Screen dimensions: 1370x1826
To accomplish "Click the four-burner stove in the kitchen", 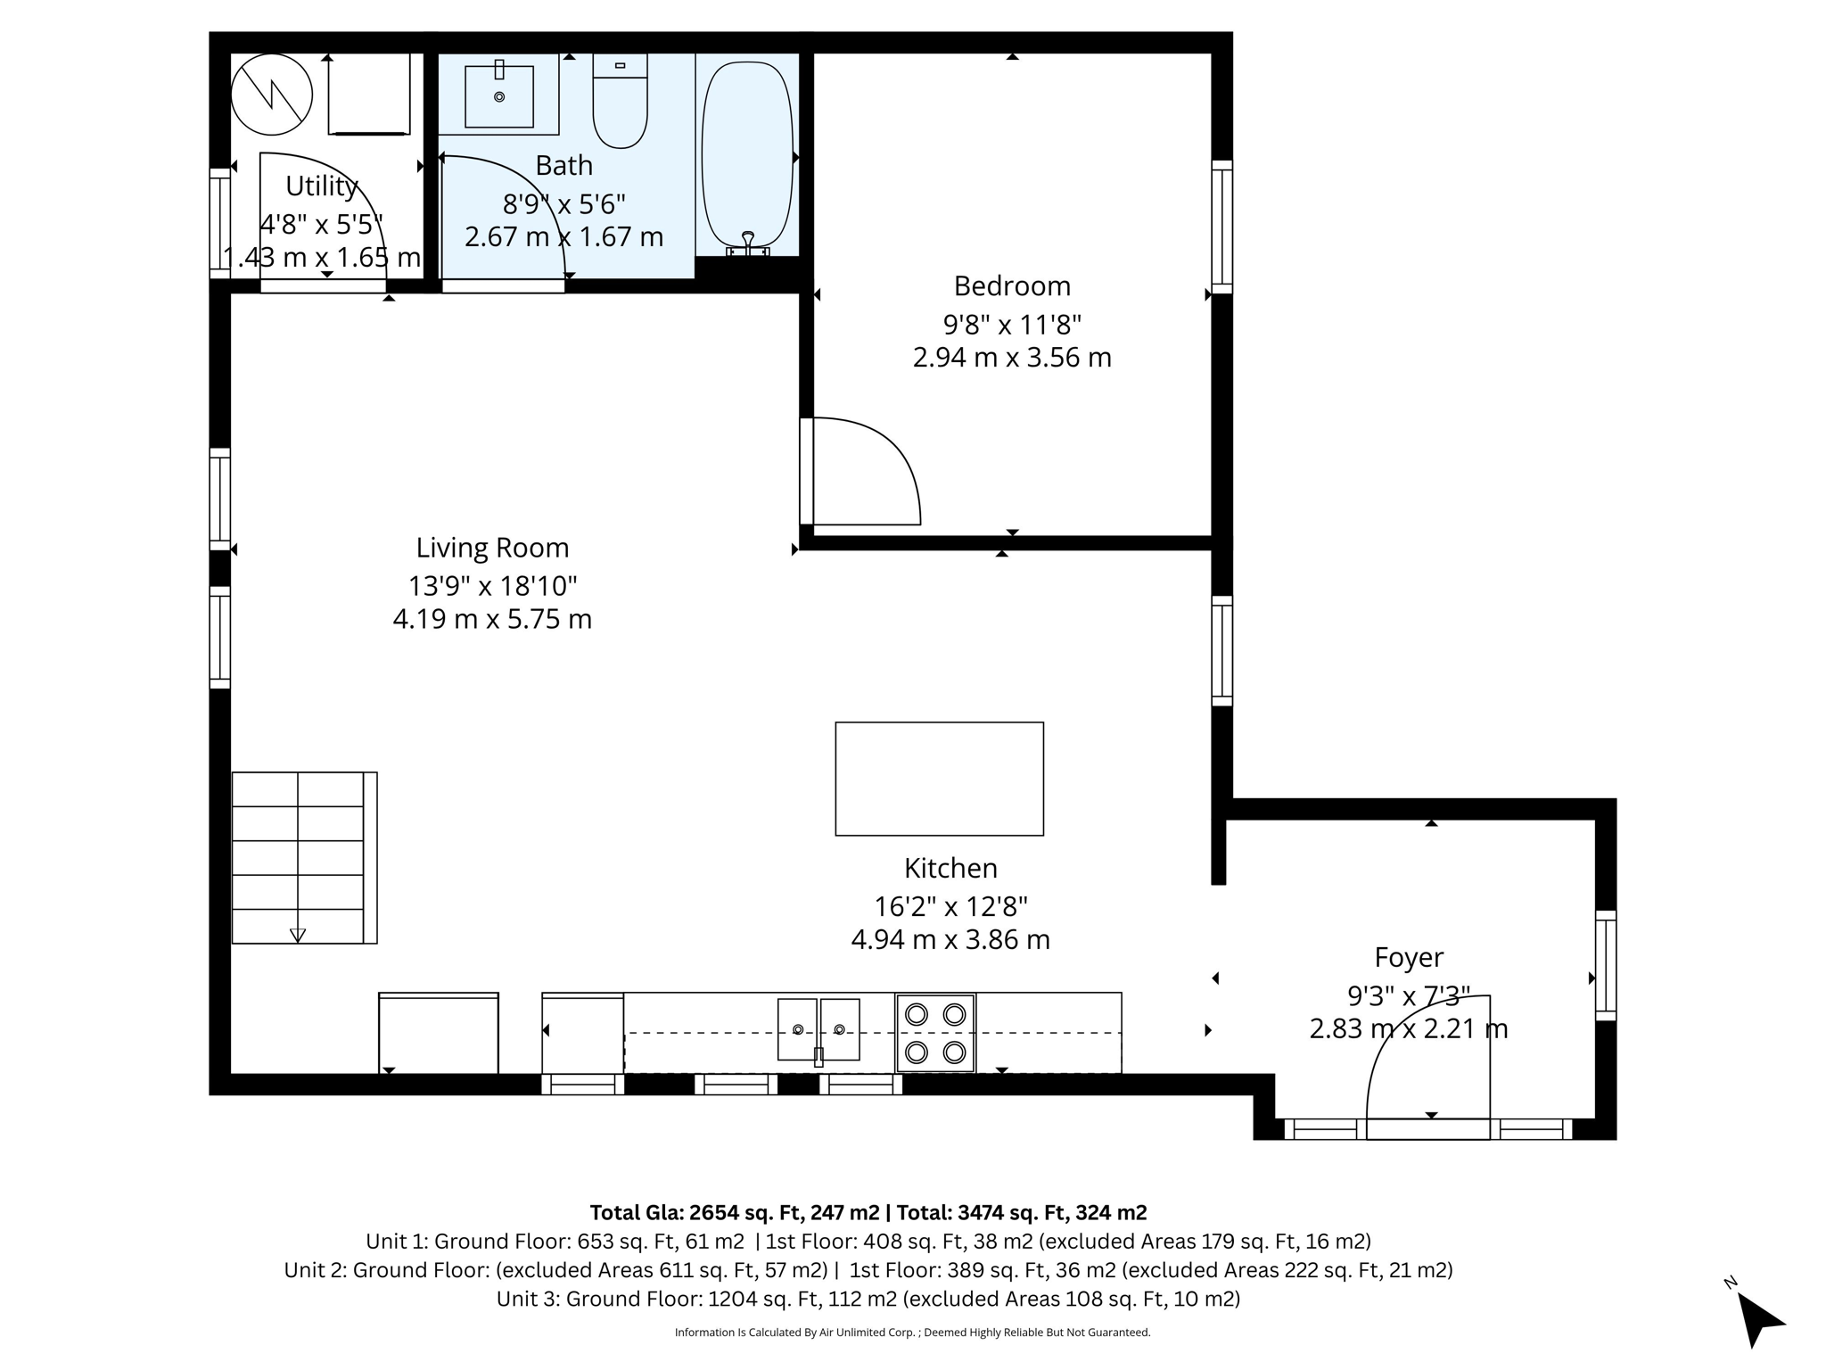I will coord(935,1033).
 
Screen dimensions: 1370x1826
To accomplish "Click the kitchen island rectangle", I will coord(939,779).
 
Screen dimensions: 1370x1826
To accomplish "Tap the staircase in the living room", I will coord(299,857).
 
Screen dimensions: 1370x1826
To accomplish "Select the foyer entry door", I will coord(1427,1128).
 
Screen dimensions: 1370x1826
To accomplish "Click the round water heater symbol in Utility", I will coord(272,94).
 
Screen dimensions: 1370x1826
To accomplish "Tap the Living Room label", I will coord(492,548).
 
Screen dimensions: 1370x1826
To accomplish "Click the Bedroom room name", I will coord(1012,286).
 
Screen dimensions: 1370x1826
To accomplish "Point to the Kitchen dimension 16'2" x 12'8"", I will coord(950,906).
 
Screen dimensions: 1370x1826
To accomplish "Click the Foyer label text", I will coord(1409,957).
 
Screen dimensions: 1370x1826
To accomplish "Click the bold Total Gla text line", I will coord(868,1213).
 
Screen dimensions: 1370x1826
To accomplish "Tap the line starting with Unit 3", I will coord(868,1299).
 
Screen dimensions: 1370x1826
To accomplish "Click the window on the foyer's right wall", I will coord(1605,965).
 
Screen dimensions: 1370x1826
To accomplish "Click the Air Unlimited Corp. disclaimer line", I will coord(912,1333).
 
